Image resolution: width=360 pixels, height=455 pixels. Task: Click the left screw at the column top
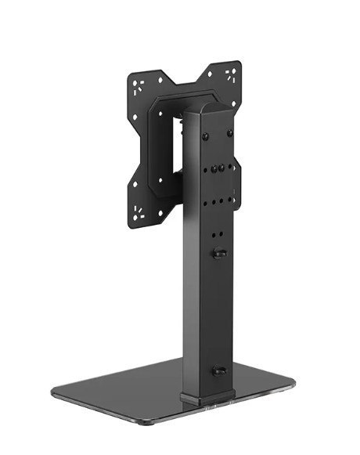pos(205,136)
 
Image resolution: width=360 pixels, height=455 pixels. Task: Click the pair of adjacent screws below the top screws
pos(220,167)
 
